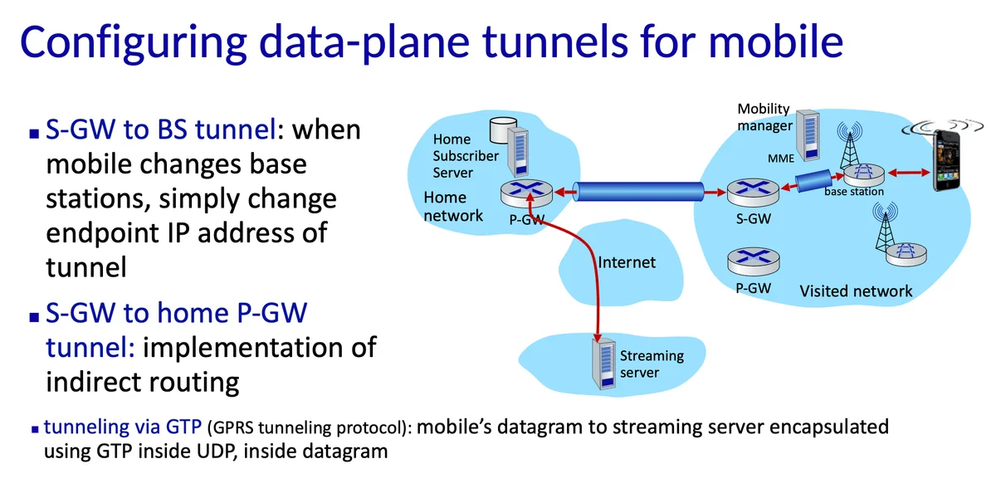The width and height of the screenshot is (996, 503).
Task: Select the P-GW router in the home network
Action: pyautogui.click(x=526, y=193)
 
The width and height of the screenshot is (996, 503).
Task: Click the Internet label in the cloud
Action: pyautogui.click(x=627, y=262)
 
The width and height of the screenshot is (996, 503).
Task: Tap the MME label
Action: pyautogui.click(x=780, y=158)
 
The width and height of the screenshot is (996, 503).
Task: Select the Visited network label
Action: pyautogui.click(x=855, y=291)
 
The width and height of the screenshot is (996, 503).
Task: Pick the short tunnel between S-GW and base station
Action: pyautogui.click(x=815, y=182)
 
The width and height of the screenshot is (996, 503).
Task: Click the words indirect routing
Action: pyautogui.click(x=143, y=381)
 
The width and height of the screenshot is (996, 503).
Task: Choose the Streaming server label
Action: pyautogui.click(x=652, y=364)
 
